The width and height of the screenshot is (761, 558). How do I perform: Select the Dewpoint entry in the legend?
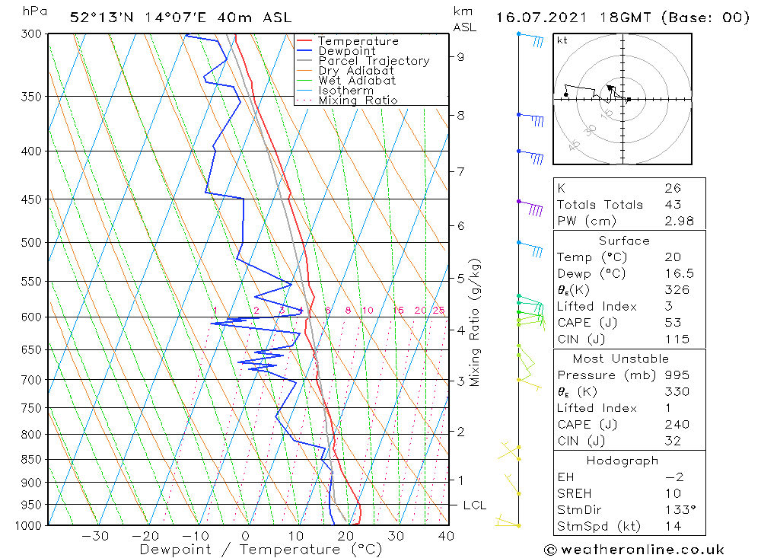coord(346,51)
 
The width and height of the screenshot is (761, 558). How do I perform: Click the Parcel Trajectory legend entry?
coord(374,61)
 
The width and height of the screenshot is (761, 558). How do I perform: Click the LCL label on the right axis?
coord(475,505)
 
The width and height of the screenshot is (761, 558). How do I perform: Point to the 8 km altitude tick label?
coord(461,115)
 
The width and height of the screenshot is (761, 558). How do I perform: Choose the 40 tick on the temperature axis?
coord(446,536)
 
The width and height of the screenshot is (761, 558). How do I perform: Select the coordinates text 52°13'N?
coord(97,18)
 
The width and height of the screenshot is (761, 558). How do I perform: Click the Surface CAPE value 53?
coord(670,323)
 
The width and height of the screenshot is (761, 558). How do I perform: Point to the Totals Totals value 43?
coord(670,204)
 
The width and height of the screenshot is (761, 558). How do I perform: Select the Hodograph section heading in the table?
coord(622,461)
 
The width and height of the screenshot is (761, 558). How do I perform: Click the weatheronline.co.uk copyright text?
coord(634,550)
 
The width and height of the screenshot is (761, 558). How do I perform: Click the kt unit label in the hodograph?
coord(562,40)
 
